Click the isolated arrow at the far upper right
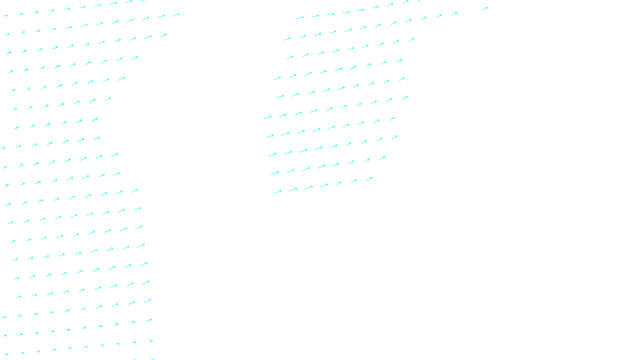(484, 8)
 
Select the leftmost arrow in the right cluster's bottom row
(277, 192)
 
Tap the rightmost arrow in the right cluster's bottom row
(370, 179)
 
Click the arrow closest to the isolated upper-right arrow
(454, 14)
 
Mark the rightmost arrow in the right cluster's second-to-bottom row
(382, 158)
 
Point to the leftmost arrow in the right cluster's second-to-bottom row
(275, 173)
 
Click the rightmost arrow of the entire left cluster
(176, 15)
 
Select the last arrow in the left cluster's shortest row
(95, 119)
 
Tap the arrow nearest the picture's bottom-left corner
(6, 354)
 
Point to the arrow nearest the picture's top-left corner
(6, 16)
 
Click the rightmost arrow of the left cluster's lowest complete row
(150, 341)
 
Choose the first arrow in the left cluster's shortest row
(16, 128)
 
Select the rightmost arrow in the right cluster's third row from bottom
(395, 137)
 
